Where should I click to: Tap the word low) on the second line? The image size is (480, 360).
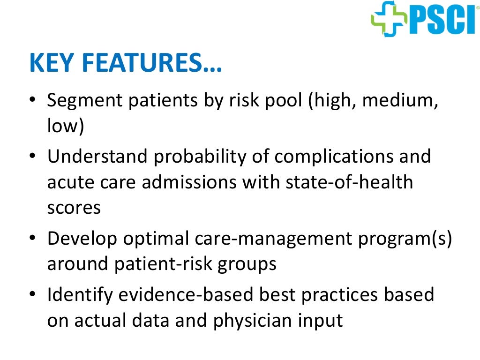coord(65,127)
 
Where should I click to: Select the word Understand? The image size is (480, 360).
coord(97,156)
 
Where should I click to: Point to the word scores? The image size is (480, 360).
coord(74,208)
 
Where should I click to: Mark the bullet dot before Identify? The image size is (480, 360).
coord(32,295)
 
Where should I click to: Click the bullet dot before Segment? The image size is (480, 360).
coord(32,101)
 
